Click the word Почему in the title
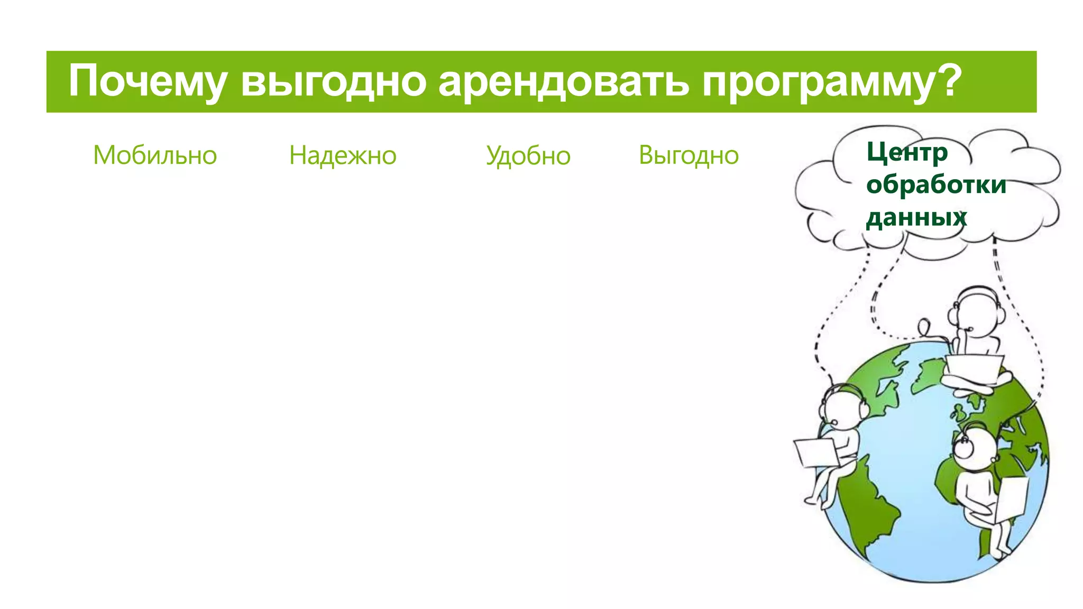pos(148,82)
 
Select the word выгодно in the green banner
pos(333,82)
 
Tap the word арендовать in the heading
pos(563,82)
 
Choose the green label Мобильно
pos(155,155)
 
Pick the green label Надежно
pos(343,155)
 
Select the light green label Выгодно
pos(689,155)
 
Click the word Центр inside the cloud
pos(907,152)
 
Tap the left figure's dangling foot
pos(812,500)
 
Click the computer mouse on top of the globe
pos(924,326)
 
